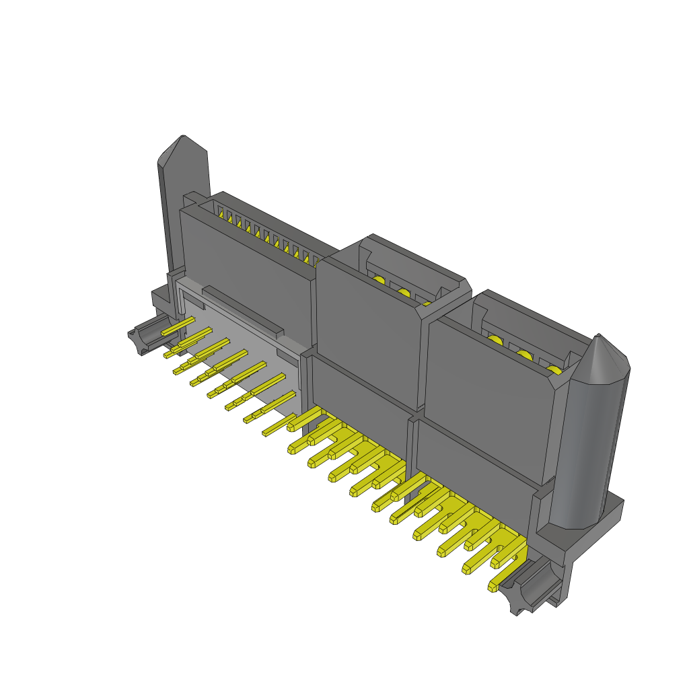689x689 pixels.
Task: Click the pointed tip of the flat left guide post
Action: click(x=182, y=143)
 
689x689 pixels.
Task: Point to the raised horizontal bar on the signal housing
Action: click(x=242, y=312)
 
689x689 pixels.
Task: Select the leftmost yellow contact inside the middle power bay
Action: click(x=379, y=281)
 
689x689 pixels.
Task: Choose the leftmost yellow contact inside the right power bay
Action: click(x=496, y=340)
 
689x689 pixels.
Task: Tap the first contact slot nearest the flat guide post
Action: click(x=219, y=210)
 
